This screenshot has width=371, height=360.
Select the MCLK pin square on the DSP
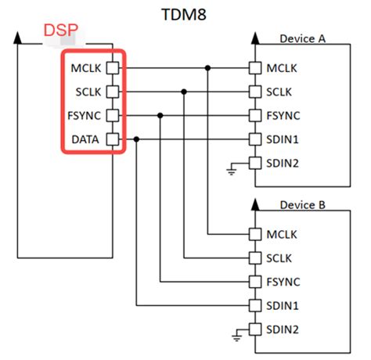[113, 67]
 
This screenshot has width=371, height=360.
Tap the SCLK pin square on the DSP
[113, 92]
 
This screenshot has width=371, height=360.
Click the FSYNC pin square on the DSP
[113, 116]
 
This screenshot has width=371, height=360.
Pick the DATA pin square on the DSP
[113, 139]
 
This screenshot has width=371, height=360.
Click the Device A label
[303, 38]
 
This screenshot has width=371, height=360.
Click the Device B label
[303, 204]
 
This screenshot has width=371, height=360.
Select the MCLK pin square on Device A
[254, 67]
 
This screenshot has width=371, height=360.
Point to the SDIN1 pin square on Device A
[254, 139]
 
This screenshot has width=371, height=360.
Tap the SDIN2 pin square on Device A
[254, 164]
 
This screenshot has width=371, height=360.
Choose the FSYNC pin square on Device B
[254, 281]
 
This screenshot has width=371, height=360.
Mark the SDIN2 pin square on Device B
[254, 329]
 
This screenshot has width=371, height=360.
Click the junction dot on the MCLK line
[208, 67]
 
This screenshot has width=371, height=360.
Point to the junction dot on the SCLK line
[184, 92]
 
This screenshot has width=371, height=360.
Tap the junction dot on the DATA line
[136, 139]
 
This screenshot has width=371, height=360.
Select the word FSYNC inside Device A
[284, 116]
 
